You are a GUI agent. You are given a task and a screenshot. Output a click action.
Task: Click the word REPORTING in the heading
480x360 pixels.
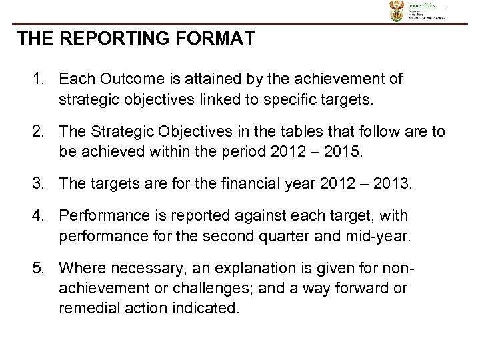tap(113, 39)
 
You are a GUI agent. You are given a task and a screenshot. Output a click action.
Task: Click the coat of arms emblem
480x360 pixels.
tap(397, 11)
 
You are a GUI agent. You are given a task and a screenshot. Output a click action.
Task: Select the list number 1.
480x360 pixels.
tap(37, 80)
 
